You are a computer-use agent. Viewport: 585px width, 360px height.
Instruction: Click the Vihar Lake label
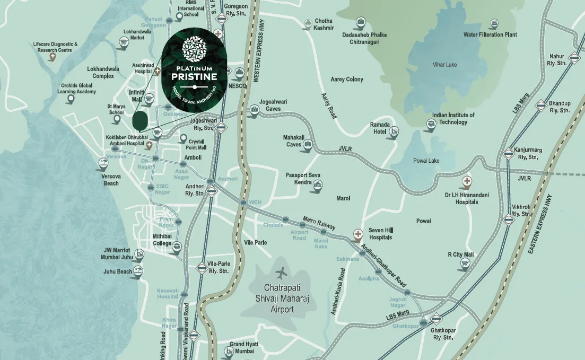click(x=444, y=65)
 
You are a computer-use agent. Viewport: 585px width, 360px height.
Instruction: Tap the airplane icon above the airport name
click(x=281, y=274)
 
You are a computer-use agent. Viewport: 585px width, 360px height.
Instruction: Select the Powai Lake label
click(x=427, y=161)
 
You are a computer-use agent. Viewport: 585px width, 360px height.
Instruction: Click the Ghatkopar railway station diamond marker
click(x=436, y=319)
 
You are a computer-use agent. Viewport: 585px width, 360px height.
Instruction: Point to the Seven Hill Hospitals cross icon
click(x=358, y=233)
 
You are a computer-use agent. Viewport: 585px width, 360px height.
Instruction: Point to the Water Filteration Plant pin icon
click(x=494, y=24)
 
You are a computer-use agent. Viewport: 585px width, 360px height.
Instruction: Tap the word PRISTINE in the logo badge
click(x=194, y=77)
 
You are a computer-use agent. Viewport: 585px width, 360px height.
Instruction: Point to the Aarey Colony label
click(x=347, y=80)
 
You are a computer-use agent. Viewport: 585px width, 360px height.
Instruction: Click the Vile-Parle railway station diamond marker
click(x=201, y=268)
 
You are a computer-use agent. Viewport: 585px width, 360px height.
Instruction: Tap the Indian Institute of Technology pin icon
click(x=431, y=125)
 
